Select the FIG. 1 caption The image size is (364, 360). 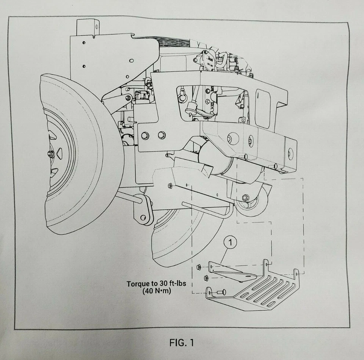click(182, 343)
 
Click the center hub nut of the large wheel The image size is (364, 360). click(50, 154)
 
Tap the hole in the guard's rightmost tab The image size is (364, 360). click(297, 272)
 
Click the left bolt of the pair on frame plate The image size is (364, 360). click(145, 135)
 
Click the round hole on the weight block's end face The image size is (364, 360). click(290, 153)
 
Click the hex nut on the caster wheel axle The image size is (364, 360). click(245, 197)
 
